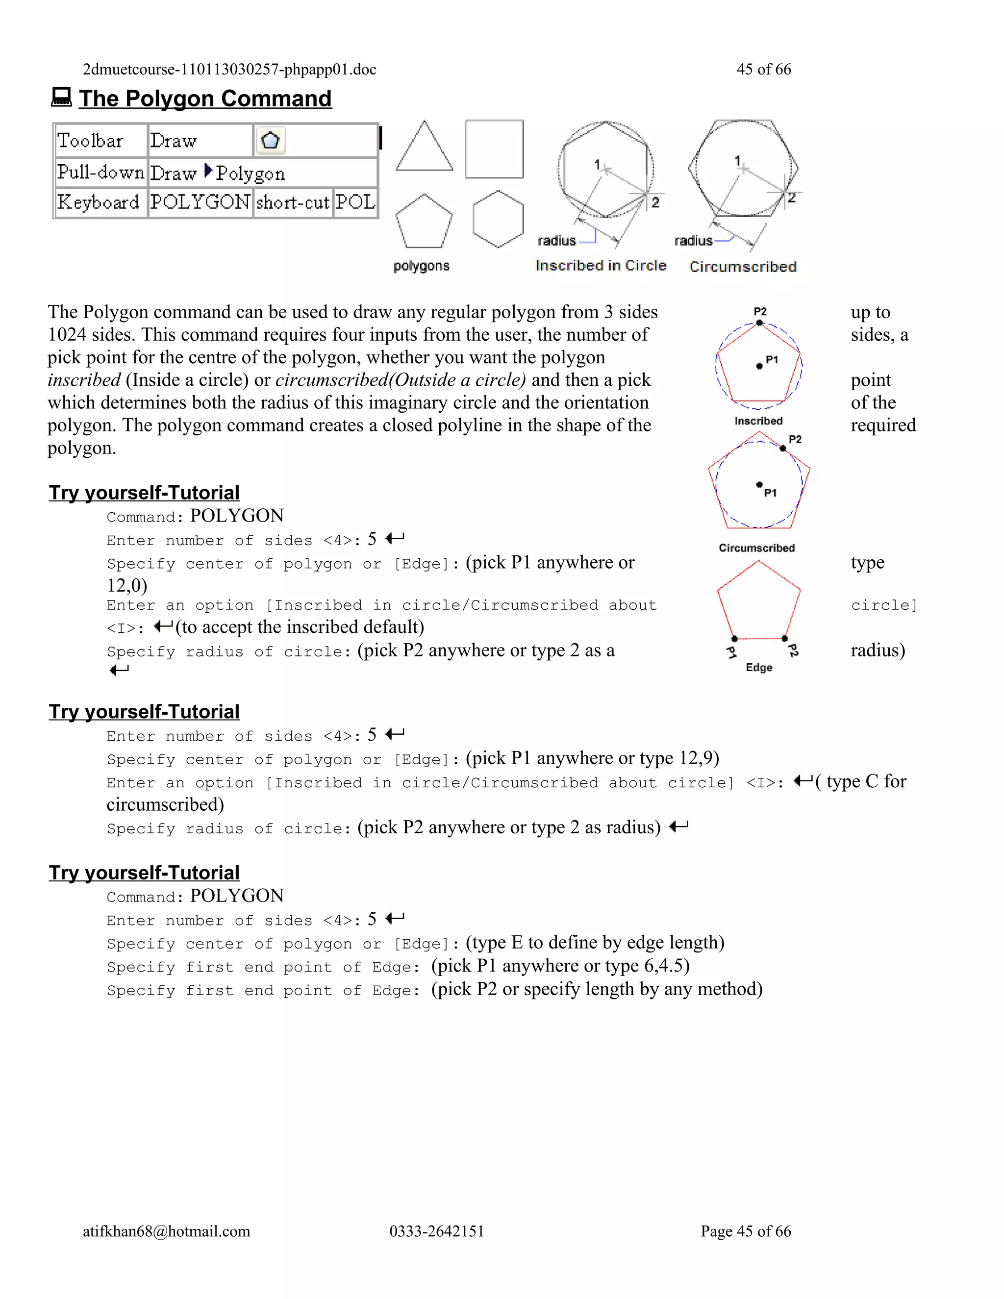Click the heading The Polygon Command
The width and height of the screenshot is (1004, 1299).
pos(205,99)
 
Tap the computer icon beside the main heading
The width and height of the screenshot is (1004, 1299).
pos(61,97)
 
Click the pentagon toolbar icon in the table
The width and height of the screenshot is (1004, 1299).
pos(271,141)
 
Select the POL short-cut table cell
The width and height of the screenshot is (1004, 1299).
pos(355,202)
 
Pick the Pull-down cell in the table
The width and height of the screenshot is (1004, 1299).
pos(100,173)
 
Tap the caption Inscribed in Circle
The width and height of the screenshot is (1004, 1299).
pos(600,266)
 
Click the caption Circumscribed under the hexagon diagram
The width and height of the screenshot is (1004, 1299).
pos(742,267)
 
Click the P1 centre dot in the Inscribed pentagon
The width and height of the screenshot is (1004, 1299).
pos(759,366)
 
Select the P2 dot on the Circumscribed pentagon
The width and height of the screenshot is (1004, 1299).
pos(783,449)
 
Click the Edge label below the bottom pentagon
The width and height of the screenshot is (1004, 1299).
pos(759,667)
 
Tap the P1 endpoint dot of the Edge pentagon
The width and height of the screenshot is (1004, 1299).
pos(734,639)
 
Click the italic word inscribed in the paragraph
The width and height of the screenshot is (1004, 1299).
pos(84,380)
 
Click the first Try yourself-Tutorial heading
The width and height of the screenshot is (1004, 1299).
pos(144,493)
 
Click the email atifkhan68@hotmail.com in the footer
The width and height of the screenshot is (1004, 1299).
pos(166,1231)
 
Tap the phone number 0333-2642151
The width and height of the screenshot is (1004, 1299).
pos(437,1231)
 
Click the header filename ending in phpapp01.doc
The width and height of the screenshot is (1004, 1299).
pos(229,70)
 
